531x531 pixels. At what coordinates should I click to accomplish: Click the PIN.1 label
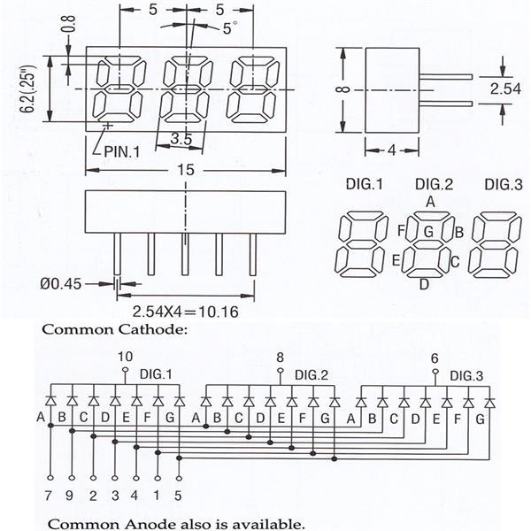pyautogui.click(x=122, y=150)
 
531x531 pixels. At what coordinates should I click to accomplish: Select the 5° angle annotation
pyautogui.click(x=229, y=28)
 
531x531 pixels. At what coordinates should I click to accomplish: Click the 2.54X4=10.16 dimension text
pyautogui.click(x=182, y=311)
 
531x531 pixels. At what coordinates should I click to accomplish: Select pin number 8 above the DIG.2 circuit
pyautogui.click(x=281, y=357)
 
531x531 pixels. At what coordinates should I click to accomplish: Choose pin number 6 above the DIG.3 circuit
pyautogui.click(x=435, y=358)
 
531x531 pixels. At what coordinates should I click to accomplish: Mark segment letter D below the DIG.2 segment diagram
pyautogui.click(x=424, y=284)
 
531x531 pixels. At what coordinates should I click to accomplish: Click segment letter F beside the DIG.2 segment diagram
pyautogui.click(x=402, y=232)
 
